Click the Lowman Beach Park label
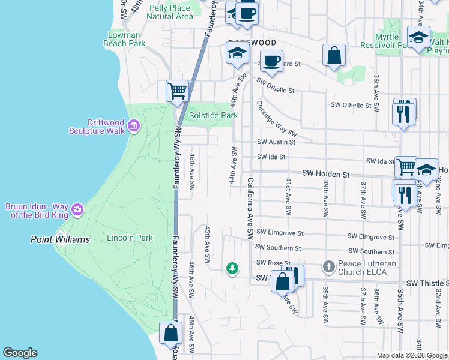point(124,39)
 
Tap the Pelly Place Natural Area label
point(170,12)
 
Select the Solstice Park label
point(214,115)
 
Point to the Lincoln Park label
point(130,238)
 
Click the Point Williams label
point(60,239)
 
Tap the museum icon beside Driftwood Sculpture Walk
point(134,126)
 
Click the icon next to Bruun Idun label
point(77,209)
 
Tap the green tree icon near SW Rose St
point(232,268)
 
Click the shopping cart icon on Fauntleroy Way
point(177,91)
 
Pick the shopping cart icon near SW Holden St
point(406,166)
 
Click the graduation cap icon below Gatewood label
point(237,53)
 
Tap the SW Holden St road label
point(325,173)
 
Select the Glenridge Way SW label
point(277,118)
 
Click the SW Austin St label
point(276,142)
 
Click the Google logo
point(20,353)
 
